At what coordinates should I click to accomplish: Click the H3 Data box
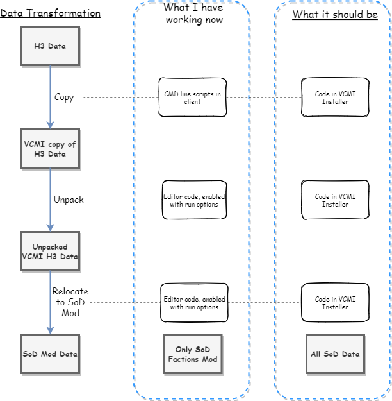tap(50, 46)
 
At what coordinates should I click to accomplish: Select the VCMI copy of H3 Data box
tap(50, 149)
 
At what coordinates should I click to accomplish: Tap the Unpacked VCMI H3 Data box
tap(50, 252)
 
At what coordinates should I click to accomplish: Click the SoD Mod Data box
tap(50, 354)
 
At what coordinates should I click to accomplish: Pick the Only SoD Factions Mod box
tap(192, 354)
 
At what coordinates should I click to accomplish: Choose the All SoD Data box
tap(335, 354)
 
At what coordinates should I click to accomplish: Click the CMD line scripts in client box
tap(192, 98)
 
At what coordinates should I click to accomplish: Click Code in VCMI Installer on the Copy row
tap(335, 98)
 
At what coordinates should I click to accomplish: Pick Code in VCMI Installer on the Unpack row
tap(335, 200)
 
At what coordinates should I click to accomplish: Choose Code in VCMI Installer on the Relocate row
tap(335, 303)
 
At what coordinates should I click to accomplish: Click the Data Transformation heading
tap(50, 13)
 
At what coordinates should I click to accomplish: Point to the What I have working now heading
tap(194, 13)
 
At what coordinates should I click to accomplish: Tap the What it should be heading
tap(335, 15)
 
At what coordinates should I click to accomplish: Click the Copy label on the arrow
tap(64, 98)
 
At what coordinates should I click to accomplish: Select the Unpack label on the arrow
tap(69, 200)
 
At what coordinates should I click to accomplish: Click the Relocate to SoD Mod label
tap(70, 302)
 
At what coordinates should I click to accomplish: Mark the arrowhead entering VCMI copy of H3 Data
tap(50, 125)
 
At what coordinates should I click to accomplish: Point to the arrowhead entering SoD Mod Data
tap(50, 330)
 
